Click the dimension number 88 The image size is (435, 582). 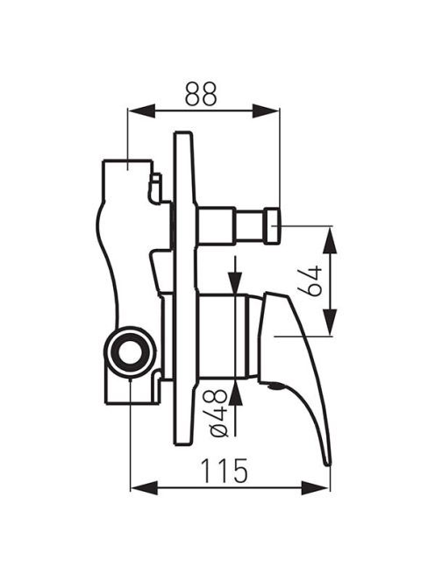pyautogui.click(x=201, y=94)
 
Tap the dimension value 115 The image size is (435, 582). pyautogui.click(x=224, y=471)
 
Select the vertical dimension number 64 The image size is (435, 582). pyautogui.click(x=310, y=280)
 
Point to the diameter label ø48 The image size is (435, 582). pyautogui.click(x=218, y=412)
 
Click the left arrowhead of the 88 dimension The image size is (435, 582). pyautogui.click(x=141, y=110)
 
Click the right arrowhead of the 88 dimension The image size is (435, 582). pyautogui.click(x=266, y=110)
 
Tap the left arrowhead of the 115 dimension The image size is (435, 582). pyautogui.click(x=144, y=487)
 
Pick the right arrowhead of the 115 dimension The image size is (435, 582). pyautogui.click(x=315, y=487)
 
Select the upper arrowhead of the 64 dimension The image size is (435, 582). pyautogui.click(x=330, y=240)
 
